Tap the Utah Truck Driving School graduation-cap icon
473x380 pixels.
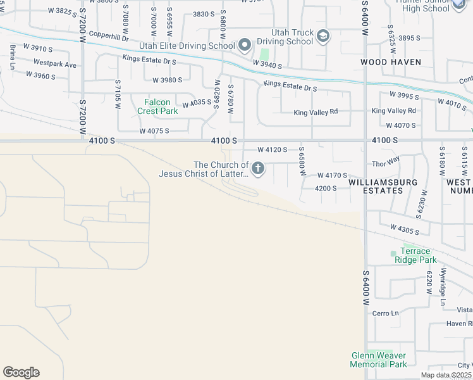[x=323, y=36]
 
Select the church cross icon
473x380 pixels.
[x=258, y=168]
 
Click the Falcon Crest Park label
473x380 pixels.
[x=157, y=106]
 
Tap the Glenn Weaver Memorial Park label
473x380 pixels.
[x=379, y=360]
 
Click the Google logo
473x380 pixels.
[x=21, y=372]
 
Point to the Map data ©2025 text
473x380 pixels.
[x=446, y=375]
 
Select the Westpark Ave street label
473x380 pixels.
[x=55, y=65]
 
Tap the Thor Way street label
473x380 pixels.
[x=386, y=161]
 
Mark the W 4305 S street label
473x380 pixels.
[x=406, y=229]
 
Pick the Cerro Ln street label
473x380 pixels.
[x=386, y=313]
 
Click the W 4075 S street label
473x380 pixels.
[x=154, y=131]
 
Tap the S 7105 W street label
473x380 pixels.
[x=118, y=94]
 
